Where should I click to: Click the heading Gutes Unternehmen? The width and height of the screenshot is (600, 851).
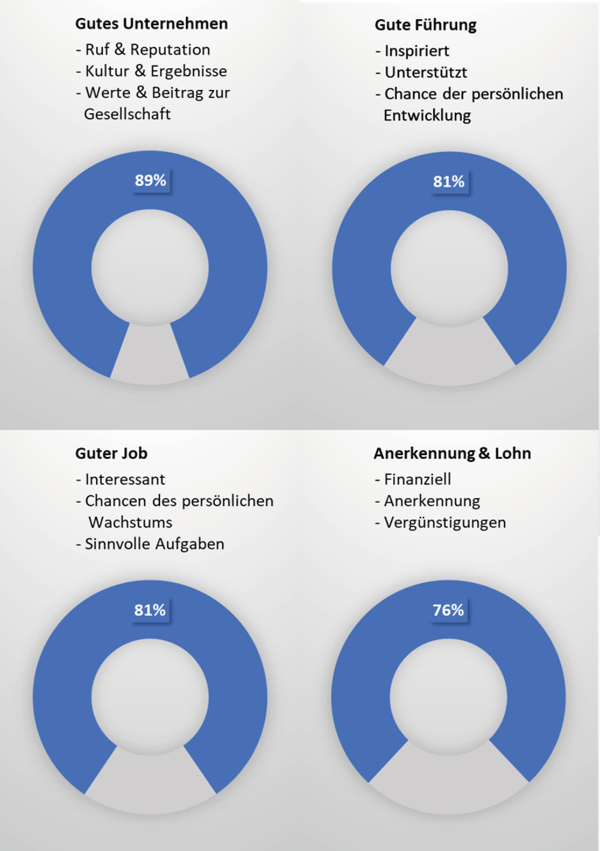(x=151, y=24)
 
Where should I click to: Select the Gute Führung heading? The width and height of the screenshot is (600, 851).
(x=425, y=25)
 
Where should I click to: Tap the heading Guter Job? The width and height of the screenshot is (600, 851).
(x=111, y=453)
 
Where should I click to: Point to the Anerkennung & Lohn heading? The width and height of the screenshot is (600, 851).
(x=452, y=453)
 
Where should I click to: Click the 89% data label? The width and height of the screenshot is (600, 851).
(x=150, y=181)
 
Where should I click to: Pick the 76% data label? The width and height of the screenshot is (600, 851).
(x=448, y=610)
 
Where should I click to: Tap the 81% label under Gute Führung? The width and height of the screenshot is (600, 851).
(x=449, y=182)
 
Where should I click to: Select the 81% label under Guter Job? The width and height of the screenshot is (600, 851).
(x=150, y=610)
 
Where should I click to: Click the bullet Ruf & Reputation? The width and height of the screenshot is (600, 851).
(x=147, y=49)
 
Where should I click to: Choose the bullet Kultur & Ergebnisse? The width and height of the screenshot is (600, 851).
(x=156, y=71)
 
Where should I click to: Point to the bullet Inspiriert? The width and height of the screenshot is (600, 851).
(x=416, y=51)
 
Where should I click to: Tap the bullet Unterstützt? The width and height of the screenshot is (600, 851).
(x=425, y=73)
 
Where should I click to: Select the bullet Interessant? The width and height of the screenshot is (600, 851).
(x=124, y=479)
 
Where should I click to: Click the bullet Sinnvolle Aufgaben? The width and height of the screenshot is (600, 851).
(x=154, y=544)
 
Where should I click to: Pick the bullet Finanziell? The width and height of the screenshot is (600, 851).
(x=417, y=479)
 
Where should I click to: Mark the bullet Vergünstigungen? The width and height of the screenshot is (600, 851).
(x=444, y=523)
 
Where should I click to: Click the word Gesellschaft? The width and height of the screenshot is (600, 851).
(x=127, y=114)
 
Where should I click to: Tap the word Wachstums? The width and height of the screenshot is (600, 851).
(x=130, y=523)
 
